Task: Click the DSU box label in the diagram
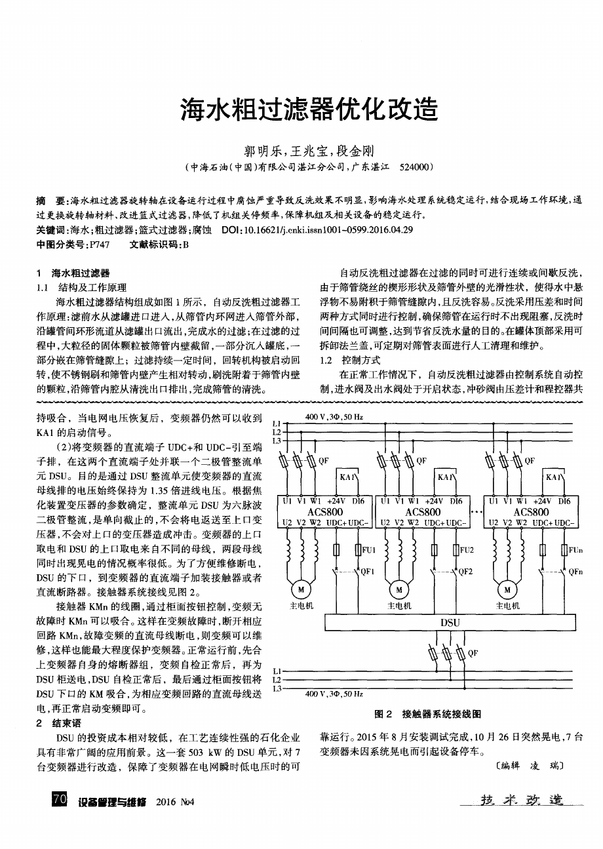(450, 622)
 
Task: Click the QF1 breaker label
(367, 571)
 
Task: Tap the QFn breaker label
(575, 571)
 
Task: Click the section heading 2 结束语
(58, 723)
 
